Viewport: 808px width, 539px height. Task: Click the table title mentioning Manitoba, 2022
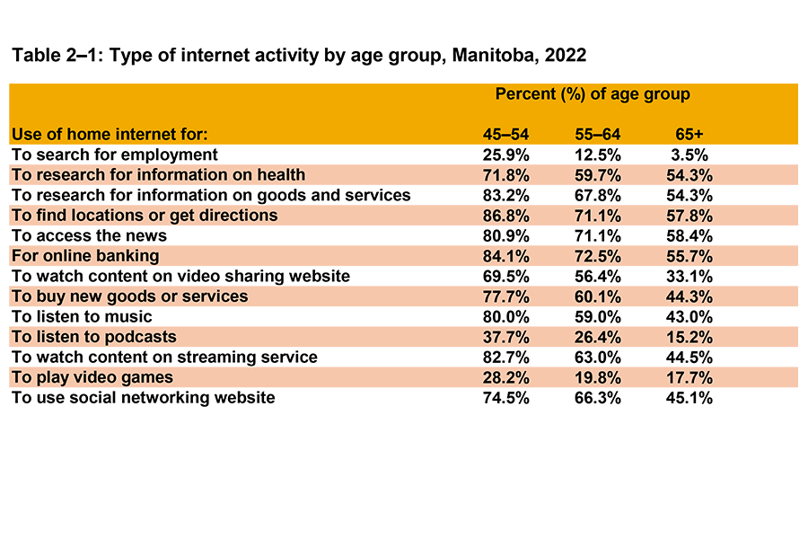tap(298, 55)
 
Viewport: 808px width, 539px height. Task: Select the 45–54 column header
tap(506, 135)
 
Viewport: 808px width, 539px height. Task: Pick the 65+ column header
tap(690, 135)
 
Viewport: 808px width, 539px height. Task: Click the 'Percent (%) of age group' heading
tap(592, 94)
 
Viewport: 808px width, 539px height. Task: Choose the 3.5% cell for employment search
tap(690, 155)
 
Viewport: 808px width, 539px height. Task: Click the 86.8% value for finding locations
tap(506, 216)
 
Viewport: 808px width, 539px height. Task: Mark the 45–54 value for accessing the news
tap(506, 235)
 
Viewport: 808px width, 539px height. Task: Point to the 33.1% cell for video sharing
tap(690, 276)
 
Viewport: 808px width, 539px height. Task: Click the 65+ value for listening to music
tap(690, 316)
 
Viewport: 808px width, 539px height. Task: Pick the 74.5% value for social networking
tap(506, 397)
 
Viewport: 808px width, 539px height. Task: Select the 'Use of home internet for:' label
tap(110, 135)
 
